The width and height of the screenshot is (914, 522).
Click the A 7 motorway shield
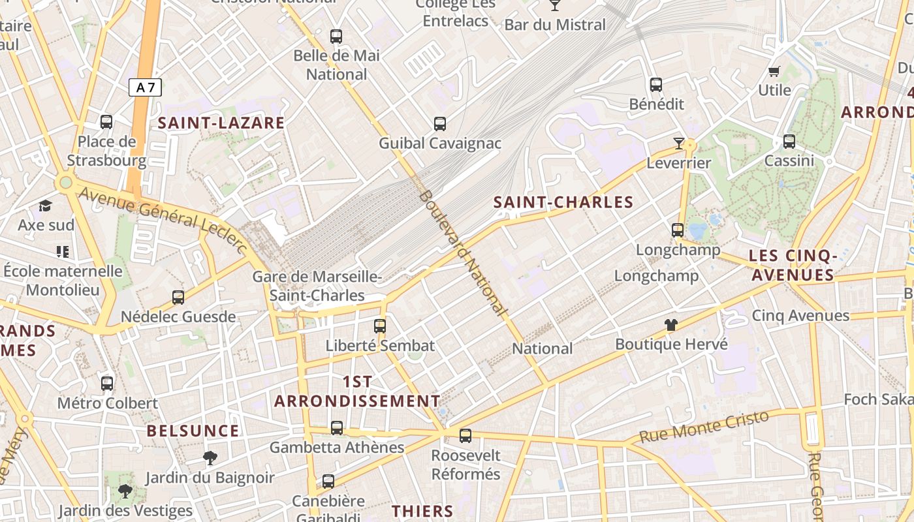coord(145,87)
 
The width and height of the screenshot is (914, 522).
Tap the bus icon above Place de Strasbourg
coord(106,122)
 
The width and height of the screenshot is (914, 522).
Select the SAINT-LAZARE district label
coord(221,123)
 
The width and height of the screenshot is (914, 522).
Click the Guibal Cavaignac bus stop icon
coord(440,123)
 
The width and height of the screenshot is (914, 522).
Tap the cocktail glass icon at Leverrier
coord(679,143)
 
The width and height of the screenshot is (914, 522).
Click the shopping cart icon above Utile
coord(774,71)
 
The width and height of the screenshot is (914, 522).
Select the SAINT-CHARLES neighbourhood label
coord(563,202)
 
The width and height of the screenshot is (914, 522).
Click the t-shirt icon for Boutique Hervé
coord(671,324)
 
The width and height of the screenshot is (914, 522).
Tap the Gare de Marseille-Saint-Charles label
coord(317,286)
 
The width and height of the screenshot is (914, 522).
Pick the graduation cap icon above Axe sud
coord(45,206)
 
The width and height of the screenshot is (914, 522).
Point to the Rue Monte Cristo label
coord(704,427)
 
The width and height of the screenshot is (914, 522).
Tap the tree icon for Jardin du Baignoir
coord(210,458)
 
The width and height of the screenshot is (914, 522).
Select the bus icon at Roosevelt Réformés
coord(465,435)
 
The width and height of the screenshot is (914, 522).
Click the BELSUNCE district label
coord(193,431)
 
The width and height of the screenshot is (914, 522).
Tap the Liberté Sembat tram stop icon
coord(380,326)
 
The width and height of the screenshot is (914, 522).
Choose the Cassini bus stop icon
coord(789,141)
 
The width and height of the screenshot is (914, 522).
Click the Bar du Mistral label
coord(556,25)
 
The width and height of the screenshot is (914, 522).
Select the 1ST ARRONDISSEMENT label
coord(357,391)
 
